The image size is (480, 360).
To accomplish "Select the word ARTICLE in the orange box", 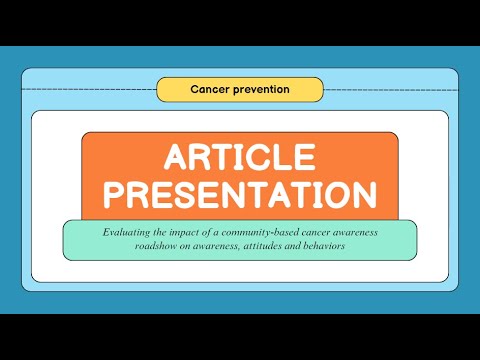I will click(240, 158).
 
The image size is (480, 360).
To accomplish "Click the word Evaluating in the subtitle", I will click(127, 232).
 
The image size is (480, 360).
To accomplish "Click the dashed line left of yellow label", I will click(90, 89).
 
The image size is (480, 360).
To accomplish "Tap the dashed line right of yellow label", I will click(390, 89).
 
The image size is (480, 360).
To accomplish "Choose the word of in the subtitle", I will click(212, 232).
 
